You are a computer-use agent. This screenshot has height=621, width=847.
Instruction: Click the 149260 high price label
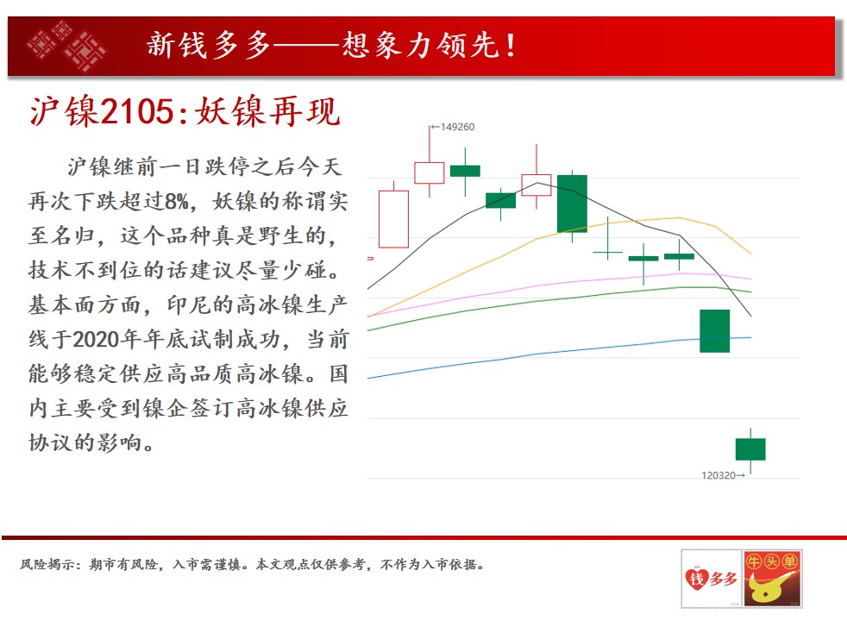pyautogui.click(x=457, y=127)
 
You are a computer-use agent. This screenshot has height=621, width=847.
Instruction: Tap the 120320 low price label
pyautogui.click(x=718, y=475)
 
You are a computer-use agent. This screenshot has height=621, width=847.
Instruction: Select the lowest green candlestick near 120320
pyautogui.click(x=750, y=449)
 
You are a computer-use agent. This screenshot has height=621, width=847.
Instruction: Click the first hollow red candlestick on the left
pyautogui.click(x=393, y=219)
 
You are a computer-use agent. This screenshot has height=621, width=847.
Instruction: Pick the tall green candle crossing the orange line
pyautogui.click(x=572, y=204)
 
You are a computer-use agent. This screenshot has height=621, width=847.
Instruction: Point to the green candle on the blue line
pyautogui.click(x=715, y=331)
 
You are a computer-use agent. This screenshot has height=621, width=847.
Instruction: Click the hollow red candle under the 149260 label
pyautogui.click(x=430, y=172)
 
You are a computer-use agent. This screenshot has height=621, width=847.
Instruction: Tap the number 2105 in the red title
pyautogui.click(x=137, y=112)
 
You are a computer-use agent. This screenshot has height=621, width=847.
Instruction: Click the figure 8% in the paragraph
pyautogui.click(x=177, y=202)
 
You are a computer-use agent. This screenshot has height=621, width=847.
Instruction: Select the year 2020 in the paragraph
pyautogui.click(x=96, y=340)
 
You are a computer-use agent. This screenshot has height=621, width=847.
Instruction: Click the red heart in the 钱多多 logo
pyautogui.click(x=697, y=579)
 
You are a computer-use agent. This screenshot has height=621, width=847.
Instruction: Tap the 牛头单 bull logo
pyautogui.click(x=772, y=579)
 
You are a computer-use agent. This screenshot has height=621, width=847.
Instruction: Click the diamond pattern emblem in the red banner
pyautogui.click(x=66, y=46)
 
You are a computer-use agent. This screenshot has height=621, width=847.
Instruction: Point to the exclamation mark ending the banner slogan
pyautogui.click(x=511, y=46)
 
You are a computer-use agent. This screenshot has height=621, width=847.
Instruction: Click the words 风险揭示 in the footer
pyautogui.click(x=47, y=564)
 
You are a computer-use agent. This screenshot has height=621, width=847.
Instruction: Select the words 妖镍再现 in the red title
pyautogui.click(x=267, y=112)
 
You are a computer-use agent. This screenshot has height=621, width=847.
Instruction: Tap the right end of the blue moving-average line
pyautogui.click(x=751, y=337)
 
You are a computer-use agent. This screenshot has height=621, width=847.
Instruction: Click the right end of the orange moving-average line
pyautogui.click(x=751, y=254)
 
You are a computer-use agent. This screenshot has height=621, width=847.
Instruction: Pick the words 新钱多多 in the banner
pyautogui.click(x=209, y=45)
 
